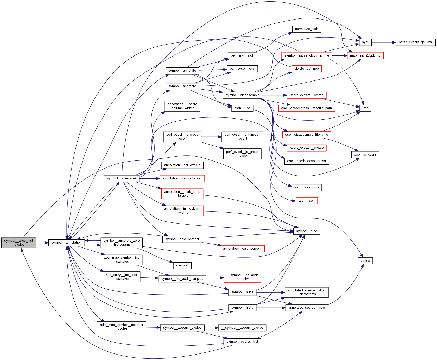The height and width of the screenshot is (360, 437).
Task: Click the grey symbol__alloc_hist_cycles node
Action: click(x=18, y=243)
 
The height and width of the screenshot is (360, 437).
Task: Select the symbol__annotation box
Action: click(x=66, y=243)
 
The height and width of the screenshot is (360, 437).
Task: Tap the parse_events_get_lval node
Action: click(x=415, y=42)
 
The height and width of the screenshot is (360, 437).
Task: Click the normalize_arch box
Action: click(x=306, y=29)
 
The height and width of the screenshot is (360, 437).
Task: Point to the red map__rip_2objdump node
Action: click(x=365, y=55)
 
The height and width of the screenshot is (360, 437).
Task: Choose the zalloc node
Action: click(x=365, y=261)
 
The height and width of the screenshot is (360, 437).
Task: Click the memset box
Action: click(x=182, y=265)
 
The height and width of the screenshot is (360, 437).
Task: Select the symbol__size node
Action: click(x=307, y=231)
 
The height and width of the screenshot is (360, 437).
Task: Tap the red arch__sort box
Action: click(x=307, y=201)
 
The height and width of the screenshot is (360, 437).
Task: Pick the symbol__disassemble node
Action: click(x=242, y=95)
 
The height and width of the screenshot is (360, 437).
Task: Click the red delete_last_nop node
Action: click(x=307, y=69)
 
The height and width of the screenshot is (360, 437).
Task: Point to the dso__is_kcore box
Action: click(x=365, y=154)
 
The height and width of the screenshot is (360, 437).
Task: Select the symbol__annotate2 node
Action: click(x=122, y=178)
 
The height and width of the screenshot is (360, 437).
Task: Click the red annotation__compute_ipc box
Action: click(x=182, y=178)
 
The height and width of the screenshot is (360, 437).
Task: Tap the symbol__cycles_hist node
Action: click(x=242, y=342)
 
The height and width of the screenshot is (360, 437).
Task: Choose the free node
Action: click(x=365, y=108)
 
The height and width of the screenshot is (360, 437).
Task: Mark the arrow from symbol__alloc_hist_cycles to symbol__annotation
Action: click(x=42, y=243)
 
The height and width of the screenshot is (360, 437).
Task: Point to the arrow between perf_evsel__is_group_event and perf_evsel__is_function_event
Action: click(x=211, y=137)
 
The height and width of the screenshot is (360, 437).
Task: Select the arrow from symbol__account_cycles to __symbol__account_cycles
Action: click(x=211, y=328)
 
